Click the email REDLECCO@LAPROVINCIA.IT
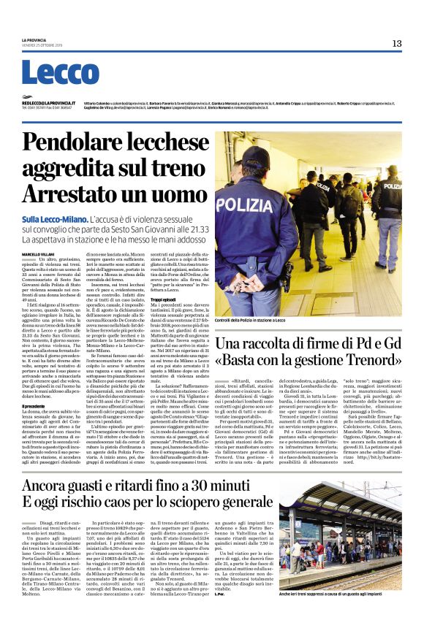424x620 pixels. tap(47, 104)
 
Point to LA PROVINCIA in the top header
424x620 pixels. tap(34, 39)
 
